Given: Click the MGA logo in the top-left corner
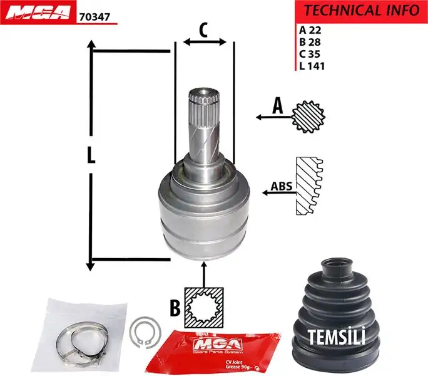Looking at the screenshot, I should pyautogui.click(x=38, y=13).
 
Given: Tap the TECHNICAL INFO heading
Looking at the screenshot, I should pyautogui.click(x=361, y=11).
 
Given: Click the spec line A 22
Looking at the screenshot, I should pyautogui.click(x=310, y=29).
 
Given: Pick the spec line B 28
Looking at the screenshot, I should pyautogui.click(x=310, y=41).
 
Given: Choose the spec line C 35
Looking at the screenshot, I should pyautogui.click(x=310, y=53).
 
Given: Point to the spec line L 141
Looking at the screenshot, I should pyautogui.click(x=312, y=65).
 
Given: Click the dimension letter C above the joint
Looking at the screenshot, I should pyautogui.click(x=203, y=29).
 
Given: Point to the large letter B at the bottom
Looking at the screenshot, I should pyautogui.click(x=176, y=307).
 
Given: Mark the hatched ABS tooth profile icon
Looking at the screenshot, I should pyautogui.click(x=309, y=187).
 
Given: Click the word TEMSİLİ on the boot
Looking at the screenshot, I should pyautogui.click(x=336, y=337).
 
